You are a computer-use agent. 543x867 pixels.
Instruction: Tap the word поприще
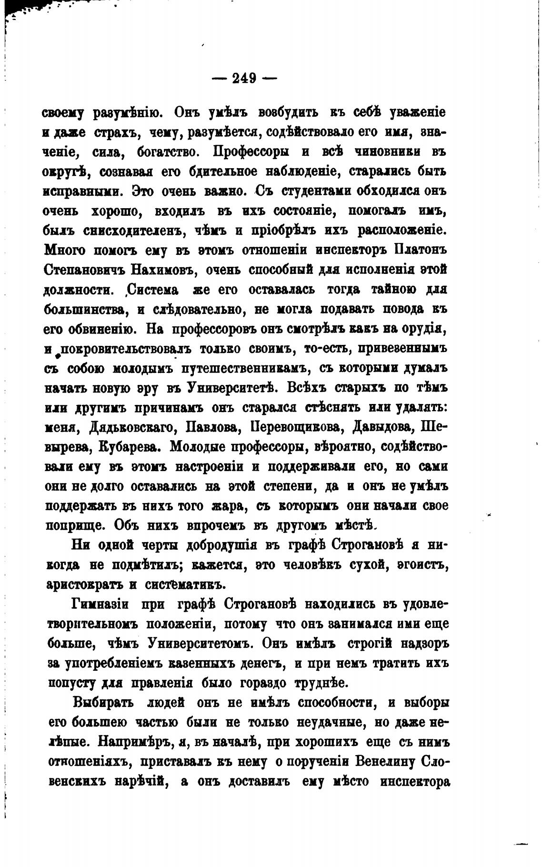pyautogui.click(x=75, y=525)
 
